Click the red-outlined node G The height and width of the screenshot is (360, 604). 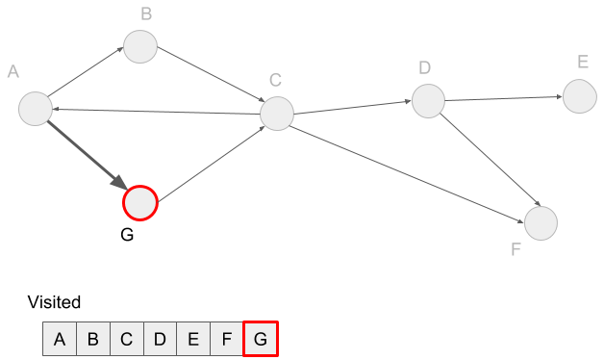[x=139, y=203]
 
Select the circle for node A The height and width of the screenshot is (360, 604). [x=35, y=108]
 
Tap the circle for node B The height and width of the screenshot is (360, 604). [x=139, y=46]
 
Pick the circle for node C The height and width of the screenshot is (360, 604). [x=277, y=114]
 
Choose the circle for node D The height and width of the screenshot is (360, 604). [x=428, y=100]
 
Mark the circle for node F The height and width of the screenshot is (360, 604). [x=541, y=222]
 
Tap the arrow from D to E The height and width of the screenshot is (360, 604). [x=502, y=97]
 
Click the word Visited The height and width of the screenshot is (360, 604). [x=54, y=302]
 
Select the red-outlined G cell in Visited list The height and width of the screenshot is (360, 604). [x=260, y=339]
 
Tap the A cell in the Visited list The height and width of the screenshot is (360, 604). [x=60, y=339]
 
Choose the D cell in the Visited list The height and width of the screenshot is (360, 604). [x=160, y=339]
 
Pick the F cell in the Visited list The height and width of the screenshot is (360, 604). [x=226, y=339]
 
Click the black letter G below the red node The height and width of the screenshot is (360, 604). [x=127, y=236]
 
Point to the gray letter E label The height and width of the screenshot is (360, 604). [x=583, y=63]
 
